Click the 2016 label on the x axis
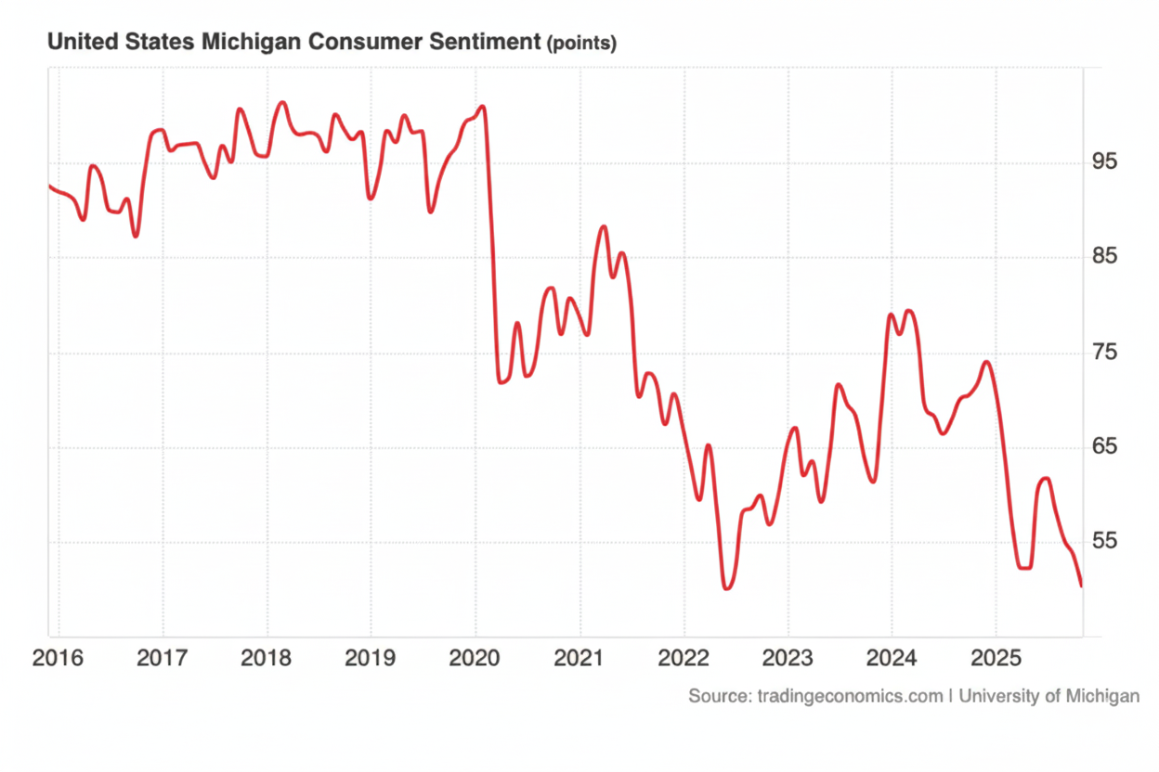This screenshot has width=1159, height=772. (58, 660)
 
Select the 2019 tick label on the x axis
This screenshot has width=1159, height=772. (370, 660)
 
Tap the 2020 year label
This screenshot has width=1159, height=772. (475, 660)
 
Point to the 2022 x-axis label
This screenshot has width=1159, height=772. (683, 660)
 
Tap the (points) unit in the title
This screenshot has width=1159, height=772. (582, 43)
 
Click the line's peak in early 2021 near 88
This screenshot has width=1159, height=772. (604, 226)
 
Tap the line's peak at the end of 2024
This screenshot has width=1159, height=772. (986, 362)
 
